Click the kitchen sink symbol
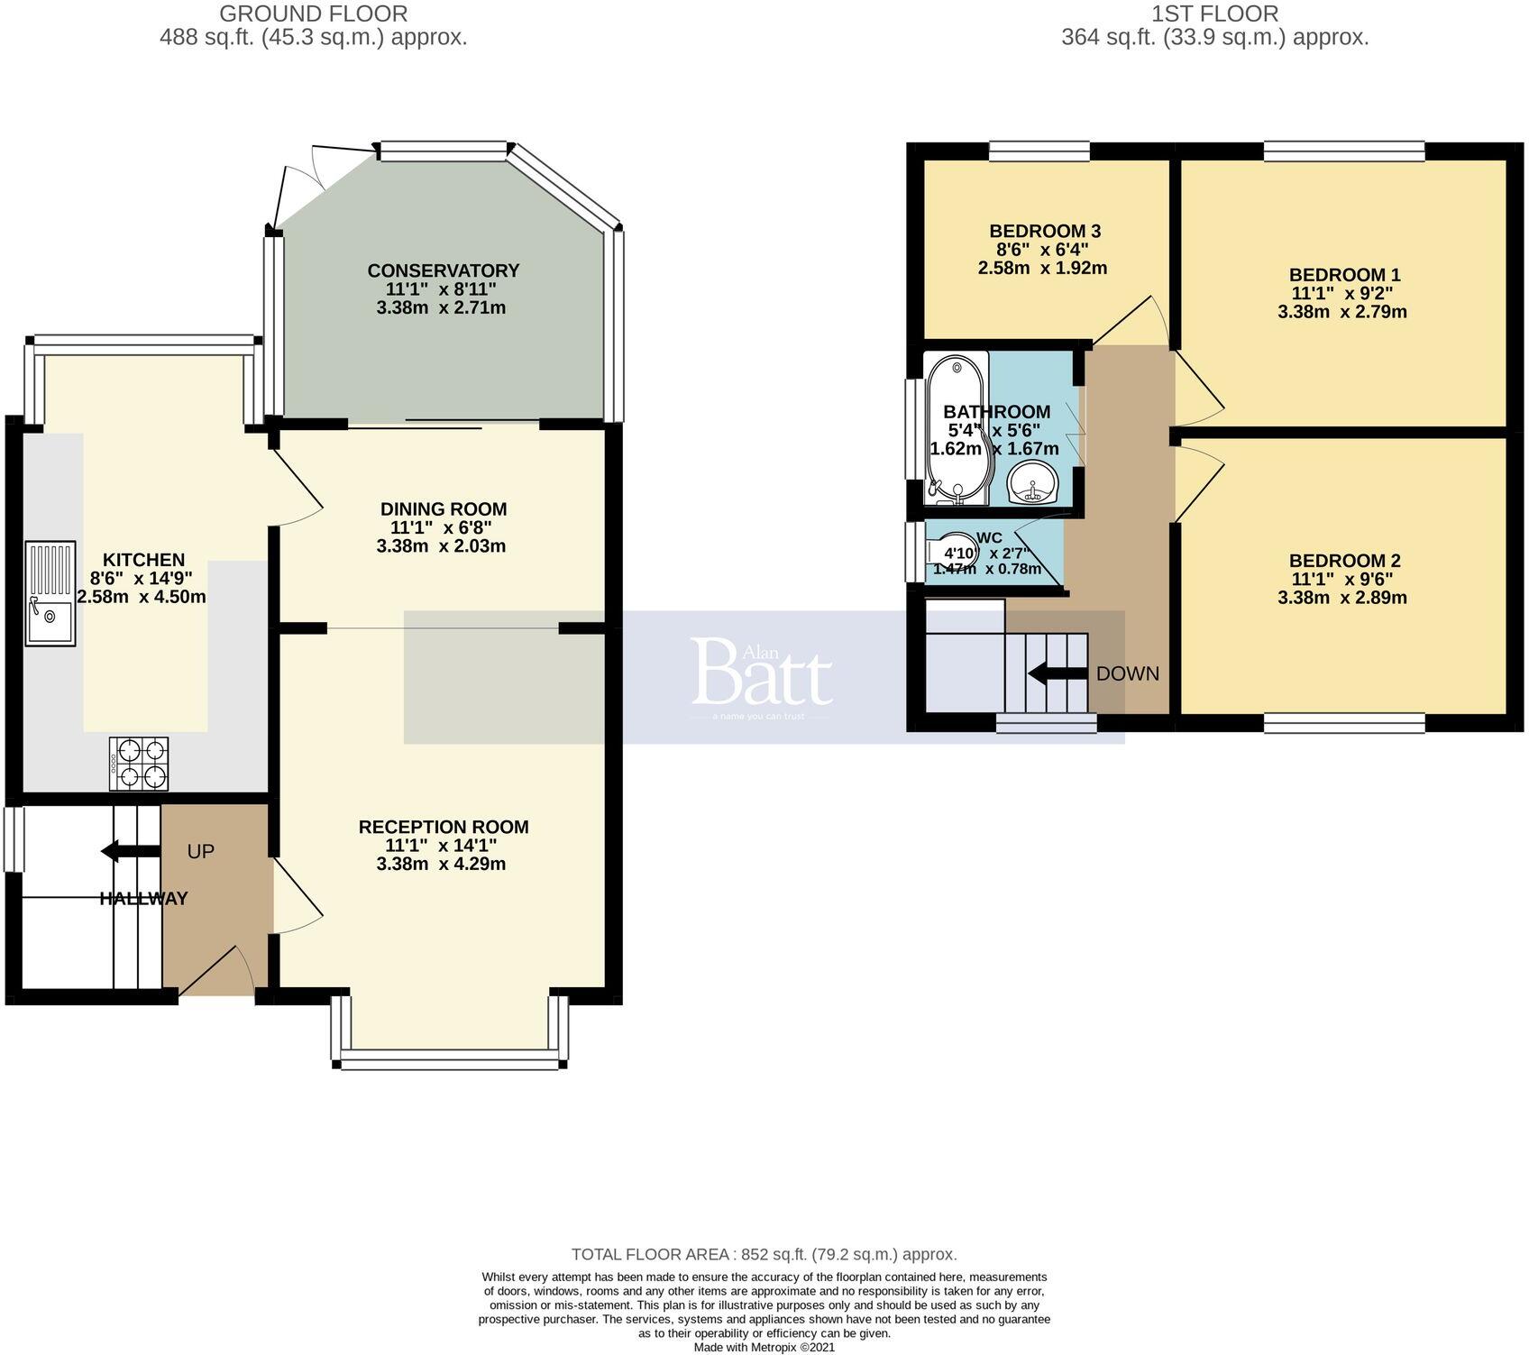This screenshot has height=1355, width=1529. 50,592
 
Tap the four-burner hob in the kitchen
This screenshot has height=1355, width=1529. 139,764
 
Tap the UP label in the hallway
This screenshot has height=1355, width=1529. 200,851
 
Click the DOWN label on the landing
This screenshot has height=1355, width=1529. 1128,673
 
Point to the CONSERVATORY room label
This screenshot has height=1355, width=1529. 443,270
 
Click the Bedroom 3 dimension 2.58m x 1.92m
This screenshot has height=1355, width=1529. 1043,268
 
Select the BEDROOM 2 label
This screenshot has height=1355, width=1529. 1344,561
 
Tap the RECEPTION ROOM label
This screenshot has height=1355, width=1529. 443,827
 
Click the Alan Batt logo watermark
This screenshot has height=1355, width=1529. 762,674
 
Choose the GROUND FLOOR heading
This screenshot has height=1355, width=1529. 313,14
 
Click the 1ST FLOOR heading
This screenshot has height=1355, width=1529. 1214,14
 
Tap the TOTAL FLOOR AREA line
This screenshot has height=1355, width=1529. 764,1254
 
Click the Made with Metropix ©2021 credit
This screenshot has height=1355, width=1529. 764,1347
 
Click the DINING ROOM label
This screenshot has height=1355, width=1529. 443,508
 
